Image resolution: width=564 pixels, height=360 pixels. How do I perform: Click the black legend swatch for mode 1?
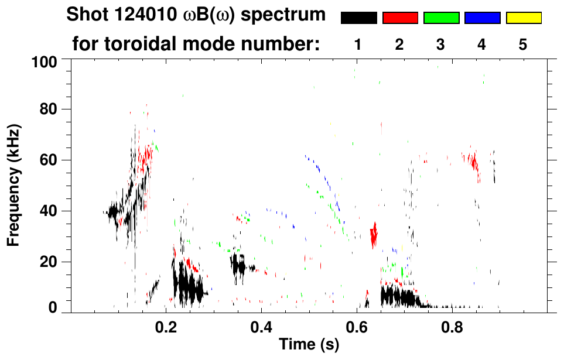pos(358,18)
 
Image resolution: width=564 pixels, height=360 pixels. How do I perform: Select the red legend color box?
pos(400,18)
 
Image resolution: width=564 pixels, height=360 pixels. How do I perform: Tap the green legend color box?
pos(441,18)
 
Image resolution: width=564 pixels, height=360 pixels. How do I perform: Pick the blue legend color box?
pos(482,18)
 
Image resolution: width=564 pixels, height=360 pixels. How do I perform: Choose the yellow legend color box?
pos(523,18)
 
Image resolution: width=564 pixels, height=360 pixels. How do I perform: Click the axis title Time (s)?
pos(309,345)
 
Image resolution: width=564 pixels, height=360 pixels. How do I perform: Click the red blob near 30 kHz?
pos(374,235)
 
